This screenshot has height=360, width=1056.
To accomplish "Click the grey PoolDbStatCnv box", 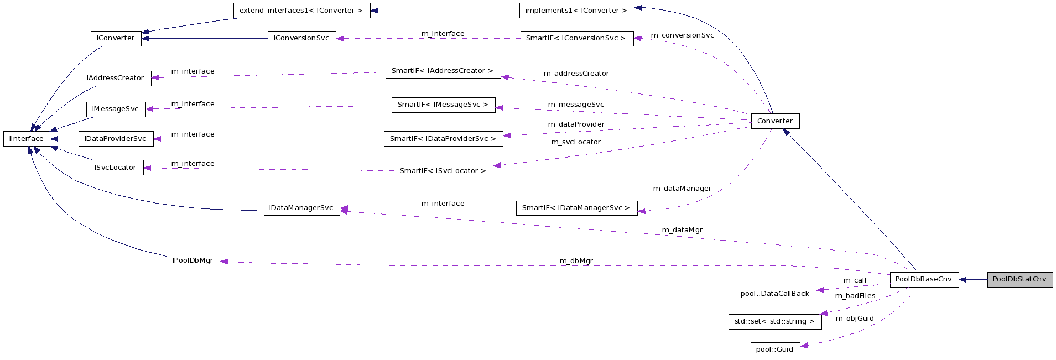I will click(1019, 279).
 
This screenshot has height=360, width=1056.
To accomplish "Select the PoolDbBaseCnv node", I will click(924, 279).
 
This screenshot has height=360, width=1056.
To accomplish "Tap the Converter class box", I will click(774, 121).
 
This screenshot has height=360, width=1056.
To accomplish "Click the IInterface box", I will click(27, 139).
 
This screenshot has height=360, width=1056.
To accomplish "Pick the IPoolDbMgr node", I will click(193, 260).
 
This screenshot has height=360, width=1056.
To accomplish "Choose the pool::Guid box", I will click(774, 349).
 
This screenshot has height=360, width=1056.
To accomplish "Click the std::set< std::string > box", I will click(774, 321).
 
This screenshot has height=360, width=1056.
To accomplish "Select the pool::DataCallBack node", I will click(774, 294).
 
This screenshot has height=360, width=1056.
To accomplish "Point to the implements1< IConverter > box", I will click(576, 11).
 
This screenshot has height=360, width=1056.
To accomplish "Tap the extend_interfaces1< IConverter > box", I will click(301, 11).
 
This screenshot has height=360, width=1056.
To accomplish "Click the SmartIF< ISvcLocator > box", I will click(443, 171).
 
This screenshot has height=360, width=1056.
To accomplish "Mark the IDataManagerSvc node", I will click(301, 208).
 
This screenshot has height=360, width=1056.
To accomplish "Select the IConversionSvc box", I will click(301, 38).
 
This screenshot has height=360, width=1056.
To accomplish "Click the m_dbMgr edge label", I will click(576, 261).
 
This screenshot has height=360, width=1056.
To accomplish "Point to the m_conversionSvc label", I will click(682, 35).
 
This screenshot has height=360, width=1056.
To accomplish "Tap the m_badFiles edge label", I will click(855, 296).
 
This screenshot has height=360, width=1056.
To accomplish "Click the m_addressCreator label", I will click(576, 74).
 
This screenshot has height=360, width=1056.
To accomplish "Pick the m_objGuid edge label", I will click(854, 319).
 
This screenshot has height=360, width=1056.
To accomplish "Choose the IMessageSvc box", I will click(116, 109).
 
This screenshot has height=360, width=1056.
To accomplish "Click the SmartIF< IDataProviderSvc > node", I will click(443, 139).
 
